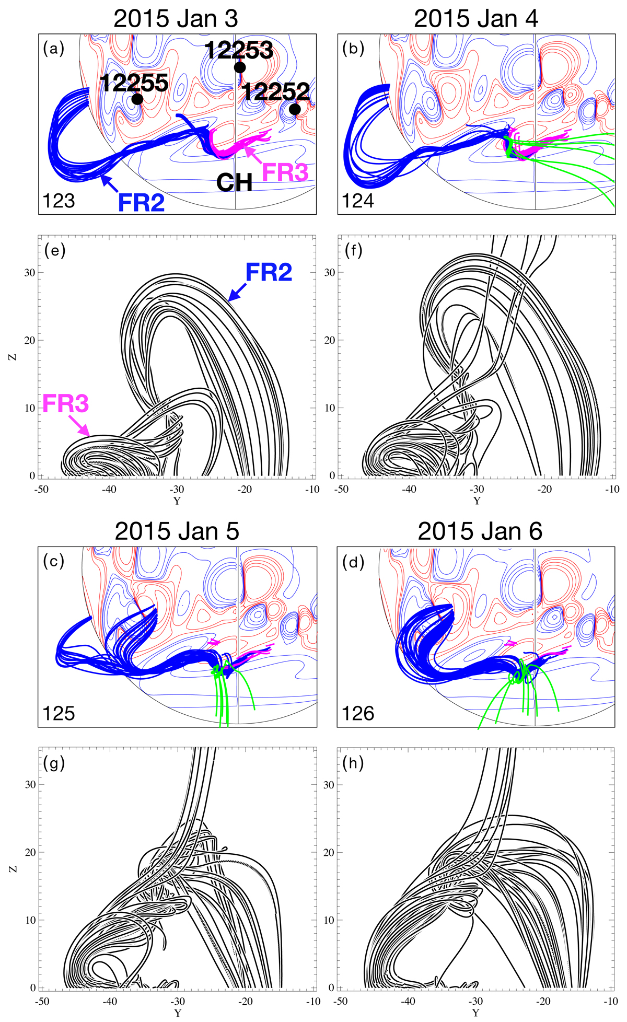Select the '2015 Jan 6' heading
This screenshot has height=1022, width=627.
(x=480, y=531)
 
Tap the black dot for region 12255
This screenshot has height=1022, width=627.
(x=137, y=99)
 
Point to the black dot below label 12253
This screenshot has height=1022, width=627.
(x=240, y=67)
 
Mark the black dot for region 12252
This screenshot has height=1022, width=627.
(x=295, y=109)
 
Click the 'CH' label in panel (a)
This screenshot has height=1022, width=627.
(x=235, y=182)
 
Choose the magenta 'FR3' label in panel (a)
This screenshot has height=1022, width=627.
(x=285, y=172)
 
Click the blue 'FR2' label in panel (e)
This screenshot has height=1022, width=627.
(x=269, y=273)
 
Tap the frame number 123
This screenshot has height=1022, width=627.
(x=59, y=201)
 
